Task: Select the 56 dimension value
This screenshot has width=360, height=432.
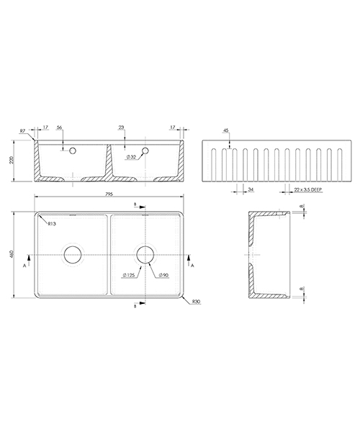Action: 60,127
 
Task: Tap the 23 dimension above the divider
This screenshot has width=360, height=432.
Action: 120,127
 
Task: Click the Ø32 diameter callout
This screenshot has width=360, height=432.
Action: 131,157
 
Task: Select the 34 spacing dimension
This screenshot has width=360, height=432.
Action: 250,190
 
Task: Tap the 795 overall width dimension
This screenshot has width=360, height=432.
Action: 109,194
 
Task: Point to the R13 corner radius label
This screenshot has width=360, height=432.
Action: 52,224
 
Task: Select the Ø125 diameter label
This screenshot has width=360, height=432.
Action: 130,275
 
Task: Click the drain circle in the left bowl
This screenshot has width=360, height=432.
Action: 73,255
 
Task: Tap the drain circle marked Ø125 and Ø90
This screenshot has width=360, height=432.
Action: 145,255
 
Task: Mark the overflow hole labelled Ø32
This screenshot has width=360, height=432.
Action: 146,152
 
